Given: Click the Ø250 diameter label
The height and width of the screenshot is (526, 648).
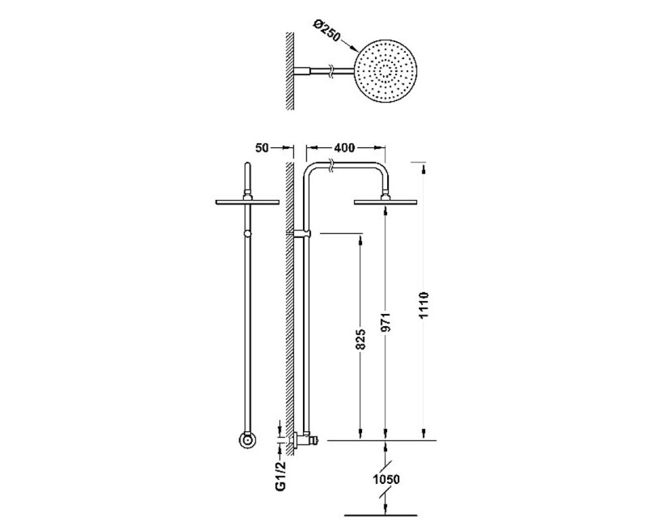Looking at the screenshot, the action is pyautogui.click(x=326, y=31).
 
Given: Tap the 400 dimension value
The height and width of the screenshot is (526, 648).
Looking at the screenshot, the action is pyautogui.click(x=344, y=147).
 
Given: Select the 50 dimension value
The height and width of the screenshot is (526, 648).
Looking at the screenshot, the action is pyautogui.click(x=262, y=147).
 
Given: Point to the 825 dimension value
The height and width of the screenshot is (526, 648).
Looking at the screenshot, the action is pyautogui.click(x=360, y=339).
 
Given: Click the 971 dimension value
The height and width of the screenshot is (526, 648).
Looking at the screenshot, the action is pyautogui.click(x=386, y=322).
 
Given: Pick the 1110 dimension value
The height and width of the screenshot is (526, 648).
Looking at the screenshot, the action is pyautogui.click(x=424, y=305).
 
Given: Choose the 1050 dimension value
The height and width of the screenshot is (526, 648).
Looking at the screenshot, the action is pyautogui.click(x=386, y=479).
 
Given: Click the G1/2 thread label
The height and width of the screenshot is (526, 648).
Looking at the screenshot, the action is pyautogui.click(x=280, y=475).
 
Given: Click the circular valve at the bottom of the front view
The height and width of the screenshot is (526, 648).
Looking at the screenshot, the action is pyautogui.click(x=247, y=440).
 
